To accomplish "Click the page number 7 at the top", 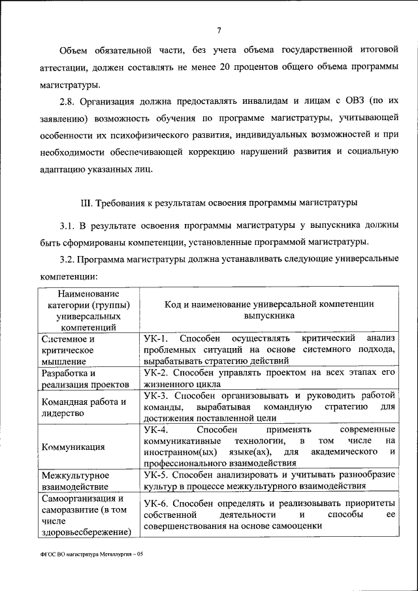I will point(219,29).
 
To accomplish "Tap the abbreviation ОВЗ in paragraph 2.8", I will point(350,101).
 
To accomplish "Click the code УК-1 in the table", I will point(156,338).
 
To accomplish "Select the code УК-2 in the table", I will point(156,372).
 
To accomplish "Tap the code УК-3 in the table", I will point(156,395).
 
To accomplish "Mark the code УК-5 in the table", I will point(156,475).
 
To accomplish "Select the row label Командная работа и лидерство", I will point(83,407).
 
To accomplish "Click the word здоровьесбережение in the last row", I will point(83,532).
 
